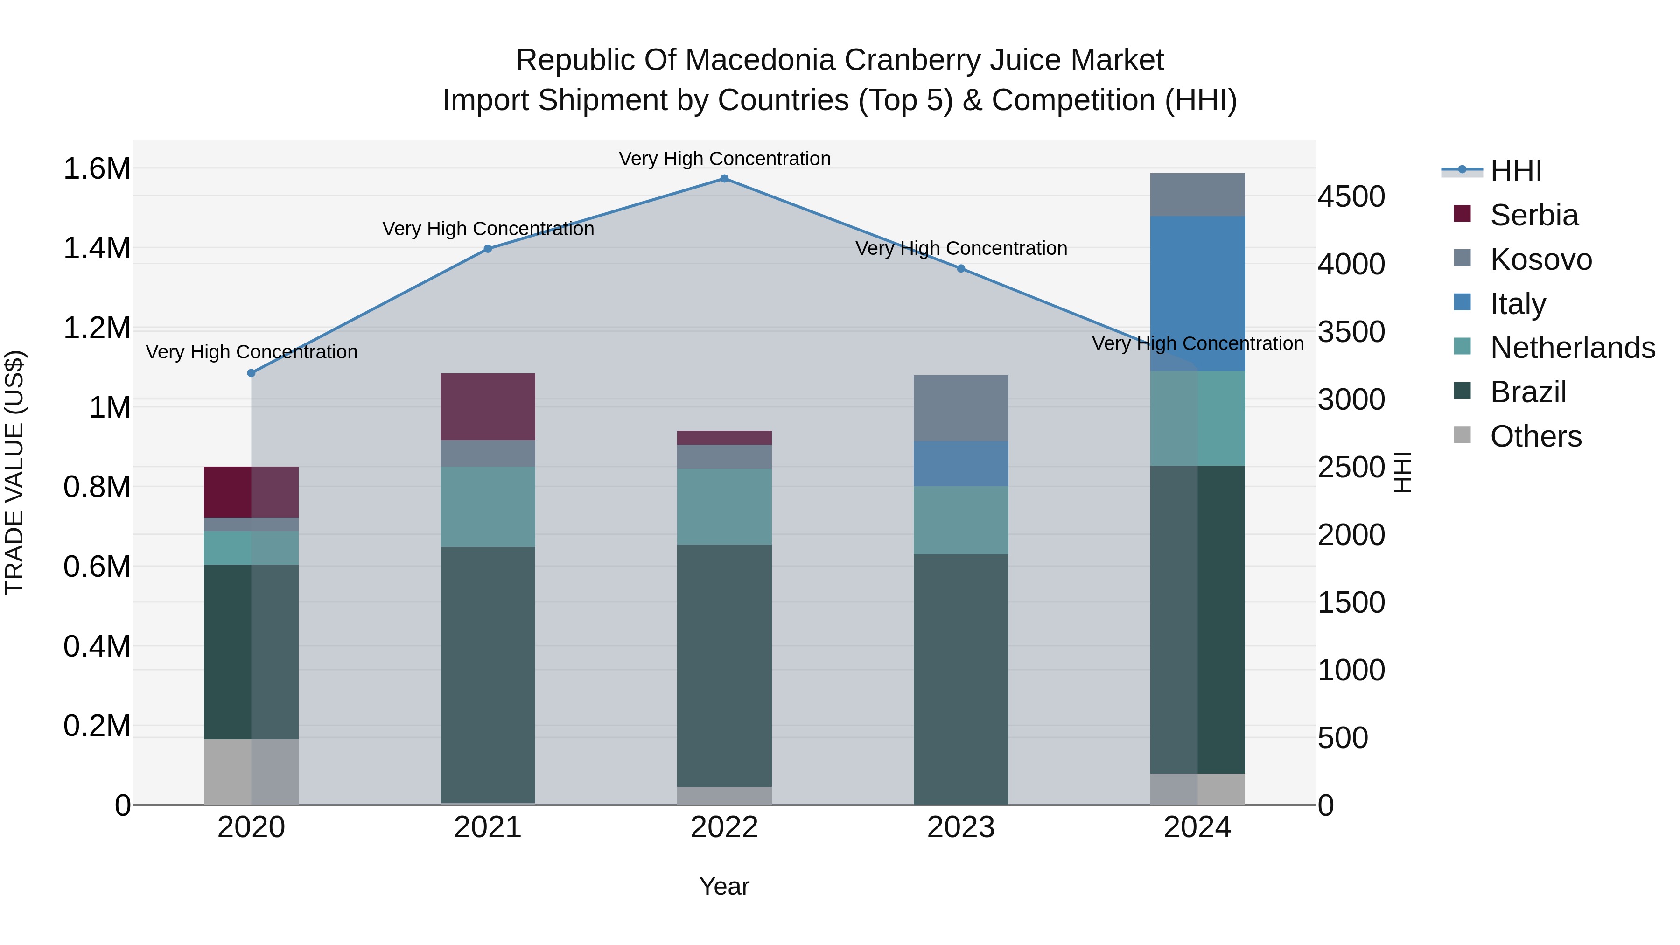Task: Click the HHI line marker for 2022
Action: pyautogui.click(x=724, y=179)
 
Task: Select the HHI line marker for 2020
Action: pyautogui.click(x=251, y=373)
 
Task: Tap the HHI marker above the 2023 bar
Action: pyautogui.click(x=961, y=269)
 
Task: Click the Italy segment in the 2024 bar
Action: pyautogui.click(x=1197, y=294)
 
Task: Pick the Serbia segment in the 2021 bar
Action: pyautogui.click(x=488, y=406)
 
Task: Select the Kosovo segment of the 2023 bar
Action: pyautogui.click(x=961, y=408)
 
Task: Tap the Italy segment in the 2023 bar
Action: pyautogui.click(x=961, y=464)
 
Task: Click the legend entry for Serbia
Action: pyautogui.click(x=1534, y=215)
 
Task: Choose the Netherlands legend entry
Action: pyautogui.click(x=1572, y=348)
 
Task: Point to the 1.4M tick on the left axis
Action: pyautogui.click(x=97, y=248)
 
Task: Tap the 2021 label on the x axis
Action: pyautogui.click(x=488, y=827)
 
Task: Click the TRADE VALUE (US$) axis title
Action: pyautogui.click(x=14, y=472)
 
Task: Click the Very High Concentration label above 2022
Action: pyautogui.click(x=724, y=159)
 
